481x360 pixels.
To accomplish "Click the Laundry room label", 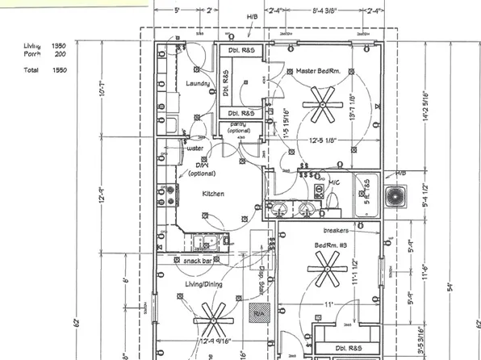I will click(198, 83).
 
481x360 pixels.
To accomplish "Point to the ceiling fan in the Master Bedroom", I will click(322, 103).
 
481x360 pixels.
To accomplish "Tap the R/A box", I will click(260, 313).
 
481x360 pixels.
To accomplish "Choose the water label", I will click(194, 149).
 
